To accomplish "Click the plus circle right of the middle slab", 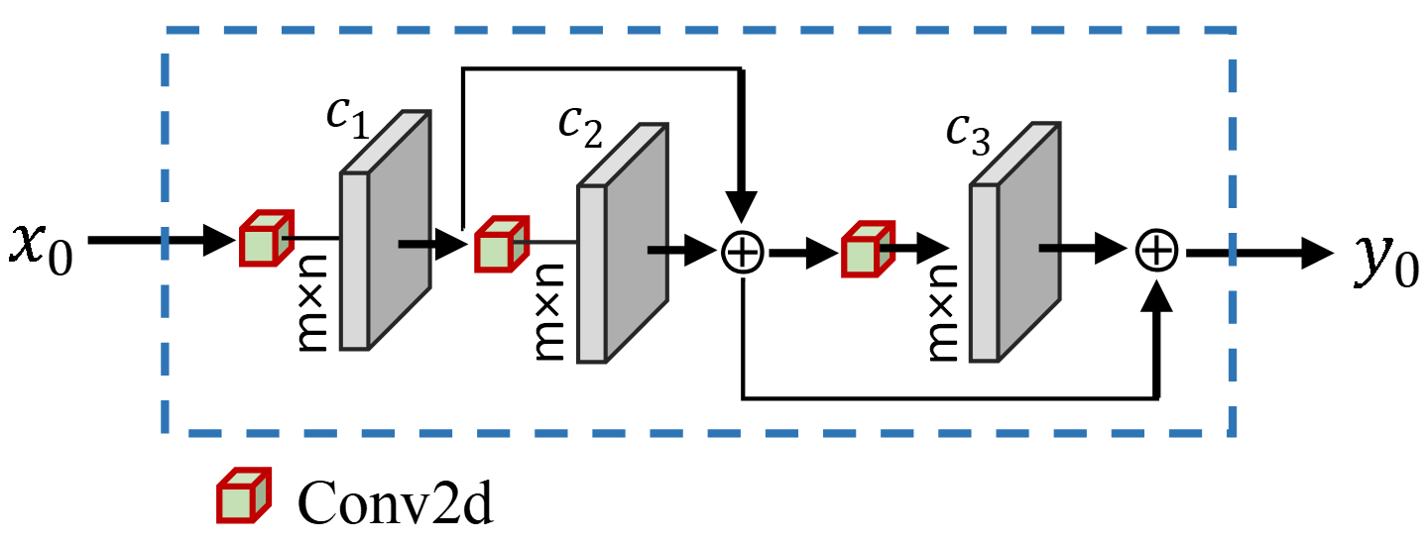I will click(743, 252).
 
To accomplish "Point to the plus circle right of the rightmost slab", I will click(1156, 250).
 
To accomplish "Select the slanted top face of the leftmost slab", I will click(387, 141).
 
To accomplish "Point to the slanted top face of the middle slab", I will click(625, 154).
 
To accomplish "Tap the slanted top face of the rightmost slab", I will click(1016, 153).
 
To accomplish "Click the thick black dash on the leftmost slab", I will click(414, 244).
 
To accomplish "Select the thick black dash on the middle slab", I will click(658, 250).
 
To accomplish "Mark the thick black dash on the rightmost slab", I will click(1050, 248).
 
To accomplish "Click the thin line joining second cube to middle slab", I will click(545, 242).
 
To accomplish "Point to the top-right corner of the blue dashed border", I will click(1233, 31).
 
